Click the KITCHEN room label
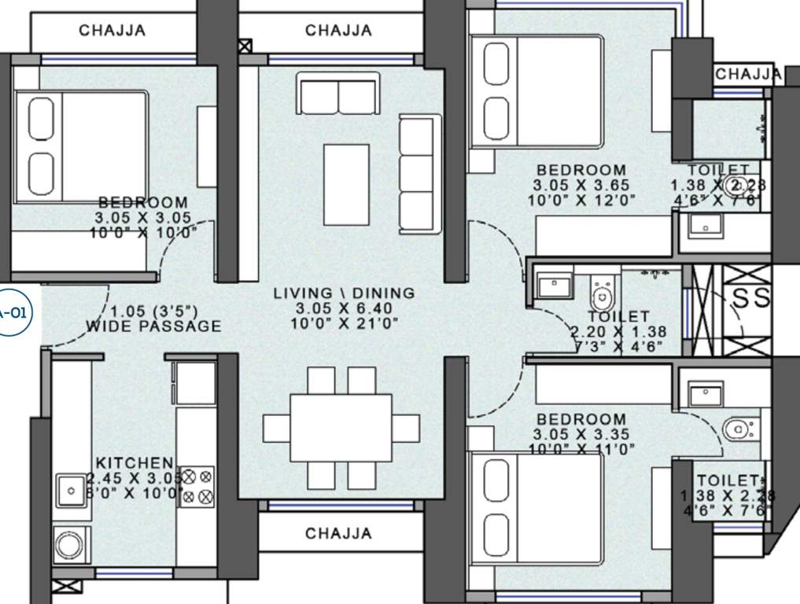point(134,462)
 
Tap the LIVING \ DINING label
point(344,293)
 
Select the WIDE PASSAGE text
point(153,326)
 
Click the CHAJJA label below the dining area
point(338,534)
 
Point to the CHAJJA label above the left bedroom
point(112,31)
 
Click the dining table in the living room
point(341,429)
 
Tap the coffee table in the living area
point(346,184)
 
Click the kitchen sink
point(72,491)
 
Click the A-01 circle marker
point(13,312)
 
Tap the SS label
point(751,299)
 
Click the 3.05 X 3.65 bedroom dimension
point(581,185)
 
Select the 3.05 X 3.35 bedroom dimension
point(581,435)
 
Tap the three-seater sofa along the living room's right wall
point(416,175)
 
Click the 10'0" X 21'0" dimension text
point(344,323)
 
